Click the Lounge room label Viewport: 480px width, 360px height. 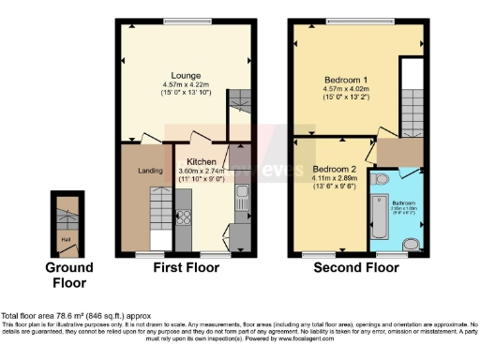(x=185, y=75)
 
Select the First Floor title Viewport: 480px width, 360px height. (x=186, y=267)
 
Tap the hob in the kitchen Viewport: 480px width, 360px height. (x=184, y=218)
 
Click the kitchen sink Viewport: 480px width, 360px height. (x=241, y=198)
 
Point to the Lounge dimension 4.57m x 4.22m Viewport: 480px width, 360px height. (x=185, y=85)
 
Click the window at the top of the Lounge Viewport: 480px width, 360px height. (x=184, y=21)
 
